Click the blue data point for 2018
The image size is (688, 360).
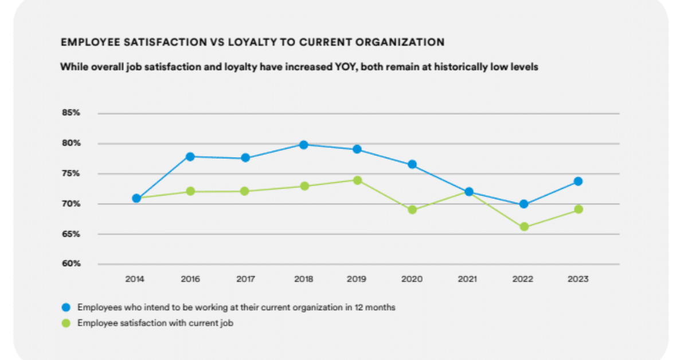coord(304,144)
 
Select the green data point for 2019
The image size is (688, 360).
coord(357,180)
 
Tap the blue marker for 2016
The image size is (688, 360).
coord(190,156)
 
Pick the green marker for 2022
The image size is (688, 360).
coord(523,227)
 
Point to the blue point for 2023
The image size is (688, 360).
coord(578,181)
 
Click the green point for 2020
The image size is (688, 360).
coord(412,210)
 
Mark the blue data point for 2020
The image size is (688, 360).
coord(412,165)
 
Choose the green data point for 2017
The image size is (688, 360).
coord(245,191)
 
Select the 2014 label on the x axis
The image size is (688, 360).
coord(134,279)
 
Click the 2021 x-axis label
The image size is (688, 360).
coord(468,279)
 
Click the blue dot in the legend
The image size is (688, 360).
coord(65,307)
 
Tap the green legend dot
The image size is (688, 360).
coord(65,323)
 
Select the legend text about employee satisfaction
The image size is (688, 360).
coord(155,323)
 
